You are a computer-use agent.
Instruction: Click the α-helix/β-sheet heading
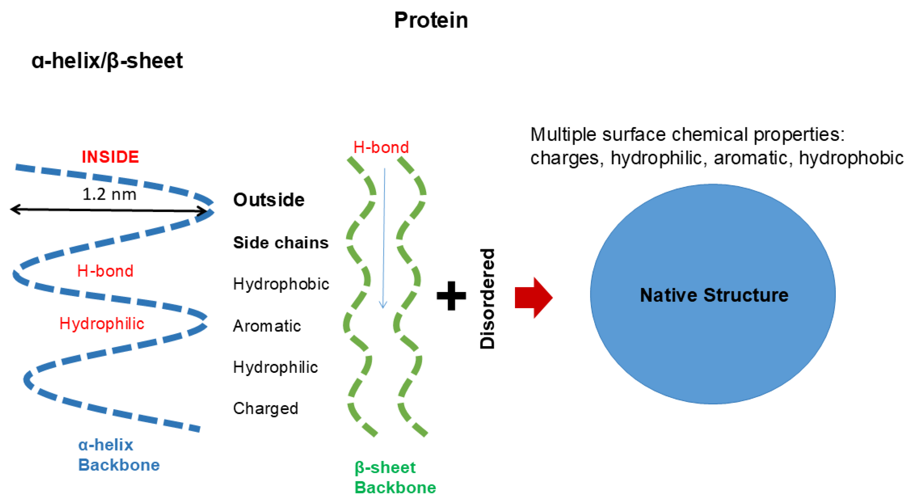tap(107, 61)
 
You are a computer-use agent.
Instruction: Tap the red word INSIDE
tap(110, 157)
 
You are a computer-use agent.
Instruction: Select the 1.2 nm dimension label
tap(109, 194)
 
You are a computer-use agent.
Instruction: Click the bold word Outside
tap(269, 200)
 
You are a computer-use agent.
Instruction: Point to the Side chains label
tap(281, 243)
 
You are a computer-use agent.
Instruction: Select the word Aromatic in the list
tap(267, 326)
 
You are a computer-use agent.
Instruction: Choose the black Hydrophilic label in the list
tap(276, 367)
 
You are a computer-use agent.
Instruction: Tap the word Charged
tap(266, 409)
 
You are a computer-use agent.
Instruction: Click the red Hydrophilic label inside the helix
tap(102, 323)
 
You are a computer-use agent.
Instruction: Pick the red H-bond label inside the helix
tap(105, 271)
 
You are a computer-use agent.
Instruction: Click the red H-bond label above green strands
tap(381, 147)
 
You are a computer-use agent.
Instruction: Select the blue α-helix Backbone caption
tap(119, 455)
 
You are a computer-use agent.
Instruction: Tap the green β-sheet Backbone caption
tap(395, 477)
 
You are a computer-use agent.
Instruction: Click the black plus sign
tap(451, 296)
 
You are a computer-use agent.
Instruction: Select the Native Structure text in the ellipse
tap(714, 295)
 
